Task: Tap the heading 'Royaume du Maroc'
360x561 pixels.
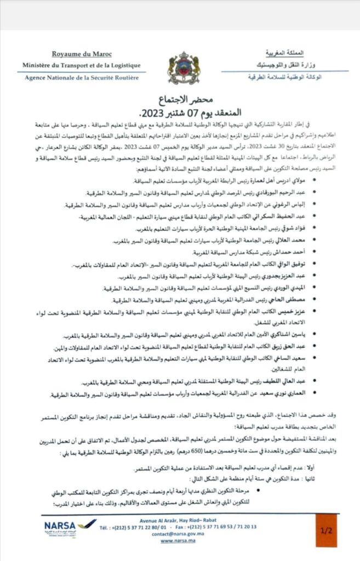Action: pyautogui.click(x=82, y=54)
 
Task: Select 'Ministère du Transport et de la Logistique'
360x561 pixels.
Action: pyautogui.click(x=82, y=65)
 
